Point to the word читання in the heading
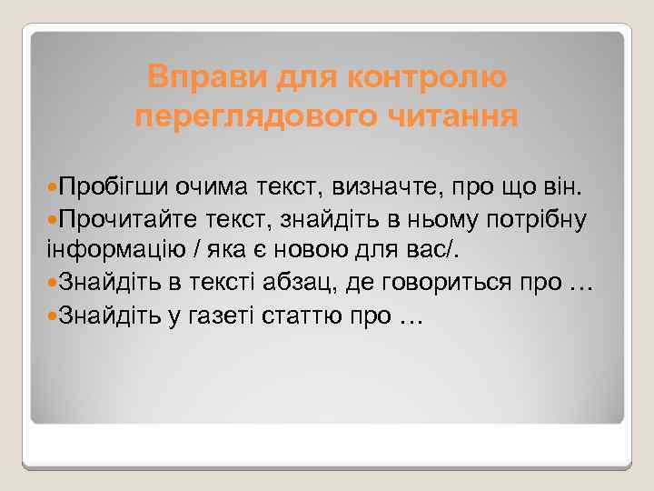tap(454, 116)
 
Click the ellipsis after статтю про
tap(411, 318)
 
